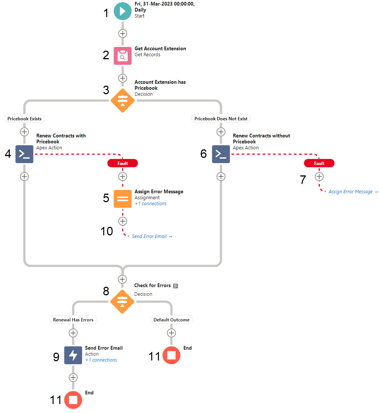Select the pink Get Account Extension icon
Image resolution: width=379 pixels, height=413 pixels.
click(122, 56)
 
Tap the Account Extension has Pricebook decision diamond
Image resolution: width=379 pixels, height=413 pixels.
click(122, 100)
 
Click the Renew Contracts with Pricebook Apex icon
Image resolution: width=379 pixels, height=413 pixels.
click(24, 154)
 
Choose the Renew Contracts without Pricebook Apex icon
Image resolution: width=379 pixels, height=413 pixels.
click(221, 154)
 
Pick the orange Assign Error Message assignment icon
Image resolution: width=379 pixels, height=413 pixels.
click(122, 199)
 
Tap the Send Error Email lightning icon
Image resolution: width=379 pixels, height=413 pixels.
click(73, 355)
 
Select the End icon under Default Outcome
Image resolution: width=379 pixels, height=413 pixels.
click(171, 355)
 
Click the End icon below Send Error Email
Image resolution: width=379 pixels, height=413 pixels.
click(73, 400)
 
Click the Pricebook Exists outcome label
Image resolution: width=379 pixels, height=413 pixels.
click(25, 119)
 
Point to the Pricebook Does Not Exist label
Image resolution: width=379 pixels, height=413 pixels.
click(221, 119)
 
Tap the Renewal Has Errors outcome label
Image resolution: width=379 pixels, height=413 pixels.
click(73, 320)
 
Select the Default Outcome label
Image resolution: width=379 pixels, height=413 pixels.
click(171, 320)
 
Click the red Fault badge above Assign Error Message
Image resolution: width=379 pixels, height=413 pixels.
click(122, 163)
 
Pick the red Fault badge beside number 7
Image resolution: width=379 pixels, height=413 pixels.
click(319, 163)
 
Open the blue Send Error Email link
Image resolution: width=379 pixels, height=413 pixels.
click(152, 236)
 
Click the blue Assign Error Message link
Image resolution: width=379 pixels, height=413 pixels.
click(353, 192)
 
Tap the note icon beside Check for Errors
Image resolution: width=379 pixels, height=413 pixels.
click(176, 286)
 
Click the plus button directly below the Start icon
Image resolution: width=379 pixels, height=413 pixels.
click(122, 34)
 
